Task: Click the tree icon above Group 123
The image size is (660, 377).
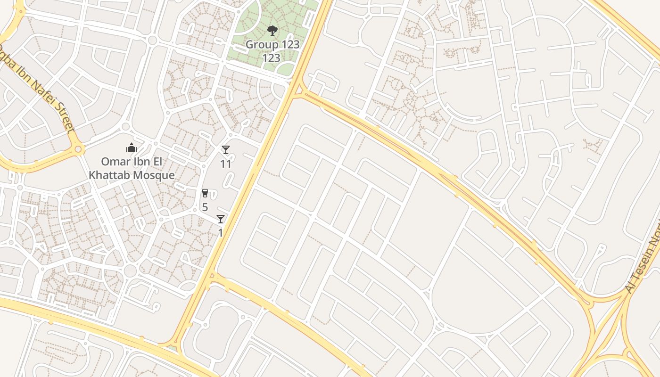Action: (272, 31)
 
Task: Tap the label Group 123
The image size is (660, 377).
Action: (272, 45)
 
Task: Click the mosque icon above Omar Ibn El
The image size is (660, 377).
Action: (132, 148)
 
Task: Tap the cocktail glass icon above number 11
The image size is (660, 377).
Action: (226, 150)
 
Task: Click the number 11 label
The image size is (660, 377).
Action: (226, 164)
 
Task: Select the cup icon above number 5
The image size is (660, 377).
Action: (205, 193)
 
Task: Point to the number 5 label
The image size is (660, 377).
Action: (205, 207)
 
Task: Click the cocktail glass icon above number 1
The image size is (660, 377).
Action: (220, 219)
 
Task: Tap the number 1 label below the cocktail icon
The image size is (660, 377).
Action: (220, 233)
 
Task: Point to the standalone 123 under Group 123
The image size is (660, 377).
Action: (272, 58)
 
